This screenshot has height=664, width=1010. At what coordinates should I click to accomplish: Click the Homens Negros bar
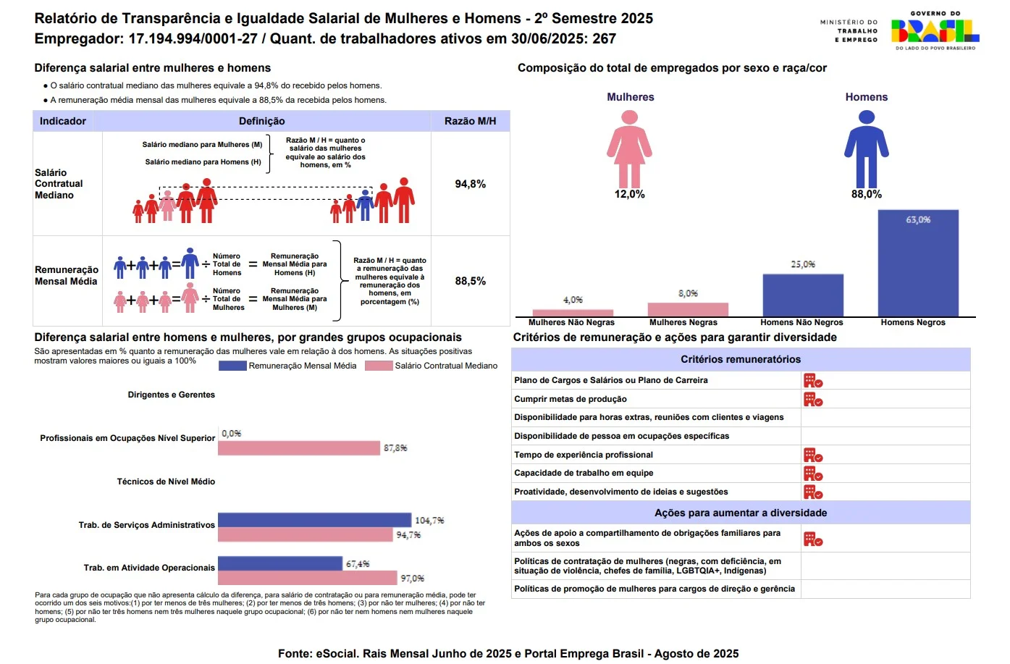[x=917, y=263]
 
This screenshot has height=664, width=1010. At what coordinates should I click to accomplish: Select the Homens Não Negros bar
[x=802, y=295]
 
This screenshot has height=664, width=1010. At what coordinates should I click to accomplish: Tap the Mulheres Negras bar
[x=688, y=309]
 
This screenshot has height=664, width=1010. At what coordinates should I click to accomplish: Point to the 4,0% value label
[x=573, y=300]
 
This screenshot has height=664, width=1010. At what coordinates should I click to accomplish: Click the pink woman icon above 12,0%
[x=629, y=148]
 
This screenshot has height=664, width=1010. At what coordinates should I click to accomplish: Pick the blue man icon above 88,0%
[x=866, y=148]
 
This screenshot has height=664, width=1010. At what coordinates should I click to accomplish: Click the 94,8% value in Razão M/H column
[x=470, y=184]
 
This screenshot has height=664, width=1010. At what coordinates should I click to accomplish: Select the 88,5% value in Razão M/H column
[x=470, y=281]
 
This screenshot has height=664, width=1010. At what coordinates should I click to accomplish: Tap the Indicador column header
[x=63, y=121]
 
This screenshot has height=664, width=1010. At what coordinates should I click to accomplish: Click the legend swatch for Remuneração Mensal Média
[x=232, y=366]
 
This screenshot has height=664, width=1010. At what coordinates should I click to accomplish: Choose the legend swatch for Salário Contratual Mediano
[x=379, y=366]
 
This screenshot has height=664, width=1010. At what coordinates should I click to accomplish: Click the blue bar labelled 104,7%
[x=314, y=520]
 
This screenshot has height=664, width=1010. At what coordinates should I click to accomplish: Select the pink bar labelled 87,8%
[x=298, y=448]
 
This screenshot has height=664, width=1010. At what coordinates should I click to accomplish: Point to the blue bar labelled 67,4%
[x=279, y=563]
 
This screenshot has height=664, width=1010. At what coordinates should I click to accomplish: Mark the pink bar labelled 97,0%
[x=307, y=578]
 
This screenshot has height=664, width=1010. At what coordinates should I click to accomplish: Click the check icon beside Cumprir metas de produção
[x=813, y=399]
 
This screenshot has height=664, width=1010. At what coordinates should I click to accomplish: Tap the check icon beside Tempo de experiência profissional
[x=813, y=455]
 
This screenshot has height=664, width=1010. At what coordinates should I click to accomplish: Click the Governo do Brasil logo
[x=935, y=30]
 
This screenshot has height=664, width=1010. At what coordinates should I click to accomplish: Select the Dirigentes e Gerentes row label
[x=172, y=395]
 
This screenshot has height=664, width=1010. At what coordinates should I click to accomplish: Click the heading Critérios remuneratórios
[x=741, y=359]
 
